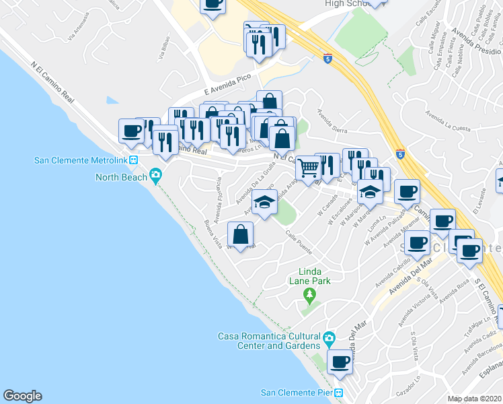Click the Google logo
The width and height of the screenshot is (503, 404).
tap(22, 396)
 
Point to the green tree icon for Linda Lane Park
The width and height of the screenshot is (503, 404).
tap(309, 294)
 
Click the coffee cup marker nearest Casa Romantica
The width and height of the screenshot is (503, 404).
tap(340, 362)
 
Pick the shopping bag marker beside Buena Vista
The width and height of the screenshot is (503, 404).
tap(241, 234)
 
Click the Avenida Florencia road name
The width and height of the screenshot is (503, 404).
tap(217, 200)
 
